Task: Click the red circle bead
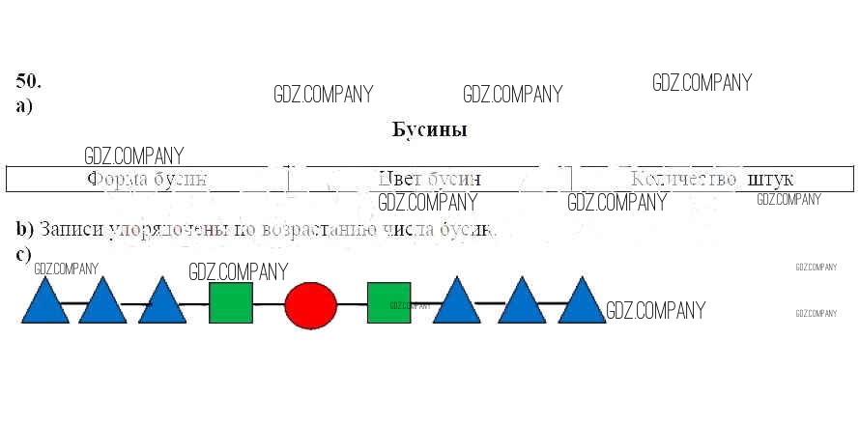pos(310,304)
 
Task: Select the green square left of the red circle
pos(231,302)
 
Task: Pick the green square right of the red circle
pos(388,302)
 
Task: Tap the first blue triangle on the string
pos(44,303)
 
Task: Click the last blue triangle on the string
pos(582,303)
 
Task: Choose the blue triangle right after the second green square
pos(456,303)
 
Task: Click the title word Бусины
pos(430,129)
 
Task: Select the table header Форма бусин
pos(147,180)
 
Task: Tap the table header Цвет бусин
pos(429,180)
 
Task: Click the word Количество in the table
pos(684,180)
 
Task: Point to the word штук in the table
pos(770,180)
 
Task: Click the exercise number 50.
pos(29,80)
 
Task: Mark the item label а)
pos(24,106)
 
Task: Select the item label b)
pos(25,231)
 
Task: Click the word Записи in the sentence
pos(69,231)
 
